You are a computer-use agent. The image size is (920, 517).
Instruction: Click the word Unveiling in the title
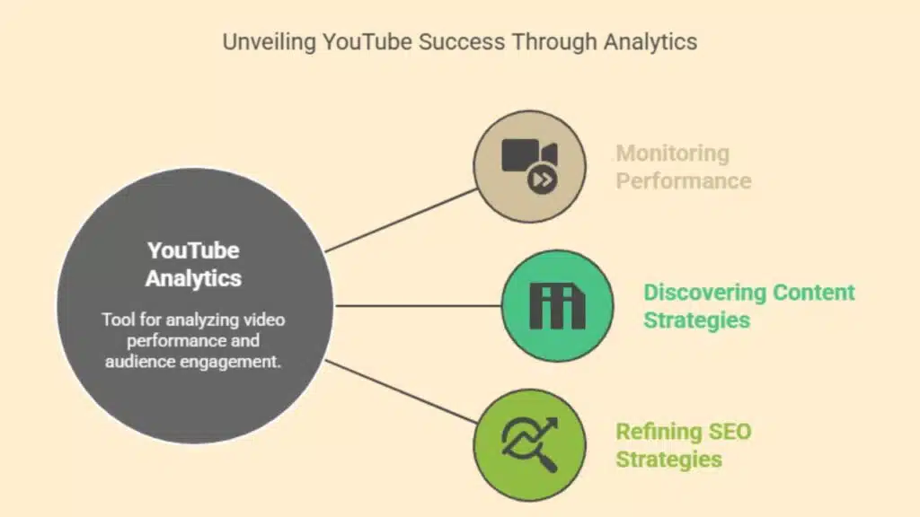click(x=270, y=42)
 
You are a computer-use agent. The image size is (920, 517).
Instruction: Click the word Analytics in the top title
click(x=650, y=42)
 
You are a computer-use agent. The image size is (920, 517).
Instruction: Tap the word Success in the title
click(x=462, y=41)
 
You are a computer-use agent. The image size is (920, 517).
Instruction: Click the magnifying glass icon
click(x=530, y=444)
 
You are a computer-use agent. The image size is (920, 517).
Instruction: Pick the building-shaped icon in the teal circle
click(x=557, y=305)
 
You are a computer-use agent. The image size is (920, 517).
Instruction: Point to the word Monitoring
click(x=672, y=153)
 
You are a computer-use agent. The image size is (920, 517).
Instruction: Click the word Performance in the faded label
click(x=684, y=181)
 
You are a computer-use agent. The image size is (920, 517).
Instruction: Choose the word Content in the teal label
click(x=814, y=293)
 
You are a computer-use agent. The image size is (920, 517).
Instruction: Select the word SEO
click(x=730, y=432)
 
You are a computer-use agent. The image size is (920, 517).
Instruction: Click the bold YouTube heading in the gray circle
click(x=193, y=251)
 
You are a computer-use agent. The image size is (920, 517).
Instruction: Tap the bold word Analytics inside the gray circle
click(x=193, y=278)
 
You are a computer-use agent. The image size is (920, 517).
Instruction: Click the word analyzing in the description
click(x=202, y=320)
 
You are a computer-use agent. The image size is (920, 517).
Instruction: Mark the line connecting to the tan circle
click(x=402, y=221)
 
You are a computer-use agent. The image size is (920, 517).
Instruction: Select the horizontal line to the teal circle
click(x=418, y=305)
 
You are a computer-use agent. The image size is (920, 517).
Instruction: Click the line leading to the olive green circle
click(x=402, y=391)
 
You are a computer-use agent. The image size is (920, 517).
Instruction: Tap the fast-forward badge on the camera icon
click(x=542, y=180)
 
